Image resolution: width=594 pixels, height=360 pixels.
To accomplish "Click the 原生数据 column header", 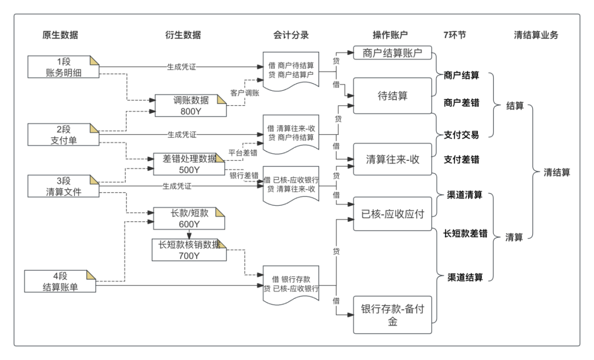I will point(60,35).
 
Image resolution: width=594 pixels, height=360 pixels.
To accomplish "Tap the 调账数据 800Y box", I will point(190,105).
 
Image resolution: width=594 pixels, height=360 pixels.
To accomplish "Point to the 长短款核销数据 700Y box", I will point(189,250).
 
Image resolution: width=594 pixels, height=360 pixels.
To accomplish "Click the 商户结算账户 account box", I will point(392,53).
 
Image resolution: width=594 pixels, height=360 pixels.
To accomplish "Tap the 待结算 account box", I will point(393,96).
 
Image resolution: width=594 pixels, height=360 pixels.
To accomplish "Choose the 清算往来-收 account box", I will point(393,159).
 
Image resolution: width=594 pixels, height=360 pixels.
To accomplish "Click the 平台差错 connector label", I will point(243,152).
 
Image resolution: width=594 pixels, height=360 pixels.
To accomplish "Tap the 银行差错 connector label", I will point(244,175).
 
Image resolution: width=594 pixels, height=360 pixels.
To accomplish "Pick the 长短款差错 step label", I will point(465,233).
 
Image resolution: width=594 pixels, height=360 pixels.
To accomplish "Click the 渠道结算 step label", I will point(465,277).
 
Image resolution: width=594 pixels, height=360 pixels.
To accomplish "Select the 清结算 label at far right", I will point(557,172).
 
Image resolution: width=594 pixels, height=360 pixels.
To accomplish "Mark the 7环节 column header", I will point(454,35).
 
